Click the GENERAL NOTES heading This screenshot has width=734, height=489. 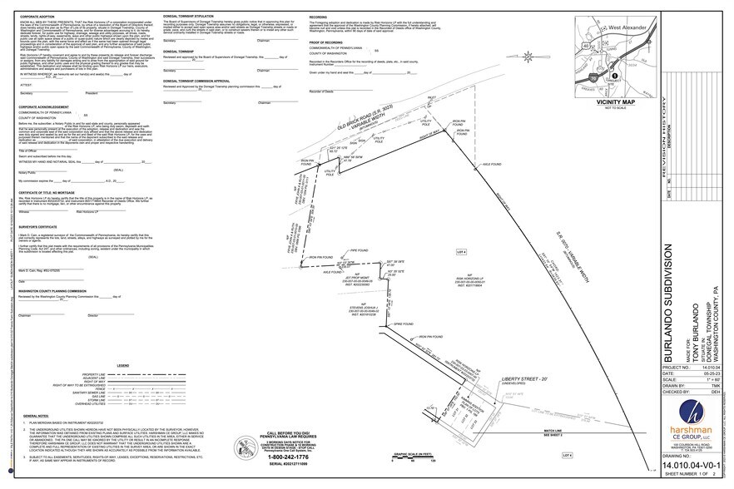click(37, 414)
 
